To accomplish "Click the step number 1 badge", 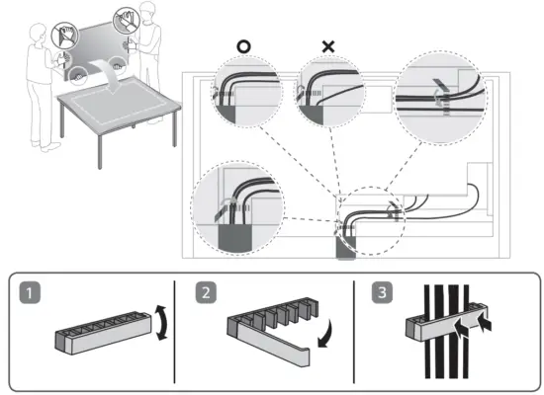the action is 30,293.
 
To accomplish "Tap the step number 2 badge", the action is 206,292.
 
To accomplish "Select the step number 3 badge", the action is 382,292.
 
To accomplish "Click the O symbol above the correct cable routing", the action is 243,46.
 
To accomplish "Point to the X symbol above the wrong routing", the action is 328,46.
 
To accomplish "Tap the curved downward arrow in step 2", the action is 327,335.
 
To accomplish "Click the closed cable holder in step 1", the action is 104,333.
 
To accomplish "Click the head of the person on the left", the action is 38,33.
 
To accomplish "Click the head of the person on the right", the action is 147,10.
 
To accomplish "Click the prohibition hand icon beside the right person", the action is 127,21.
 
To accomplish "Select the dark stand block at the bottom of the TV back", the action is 346,248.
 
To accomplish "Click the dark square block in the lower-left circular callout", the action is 234,239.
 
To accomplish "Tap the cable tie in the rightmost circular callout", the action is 440,98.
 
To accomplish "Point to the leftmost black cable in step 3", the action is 427,332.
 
